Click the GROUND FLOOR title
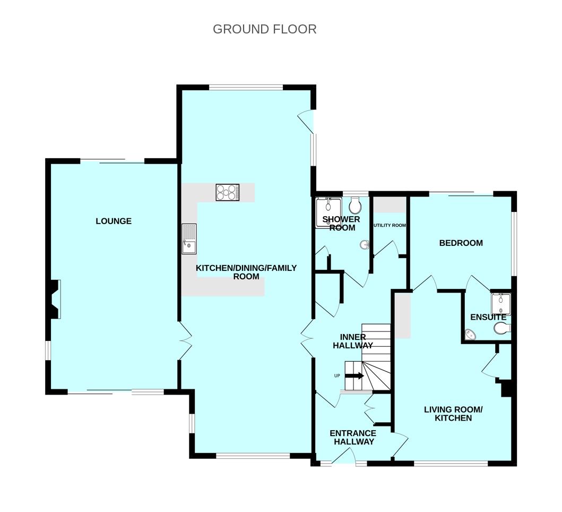tap(264, 29)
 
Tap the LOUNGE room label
tap(114, 221)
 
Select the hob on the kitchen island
tap(227, 192)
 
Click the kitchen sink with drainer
tap(189, 238)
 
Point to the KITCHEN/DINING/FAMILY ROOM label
tap(246, 272)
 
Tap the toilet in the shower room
tap(355, 205)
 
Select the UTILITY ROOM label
tap(390, 225)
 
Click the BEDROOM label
tap(461, 243)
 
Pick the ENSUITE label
tap(488, 318)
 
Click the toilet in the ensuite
tap(502, 328)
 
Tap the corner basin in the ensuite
tap(470, 335)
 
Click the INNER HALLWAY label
tap(353, 341)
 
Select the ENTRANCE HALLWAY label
tap(353, 437)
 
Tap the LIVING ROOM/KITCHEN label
tap(453, 414)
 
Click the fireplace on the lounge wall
tap(54, 300)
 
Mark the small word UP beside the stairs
tap(337, 376)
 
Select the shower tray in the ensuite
tap(500, 303)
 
